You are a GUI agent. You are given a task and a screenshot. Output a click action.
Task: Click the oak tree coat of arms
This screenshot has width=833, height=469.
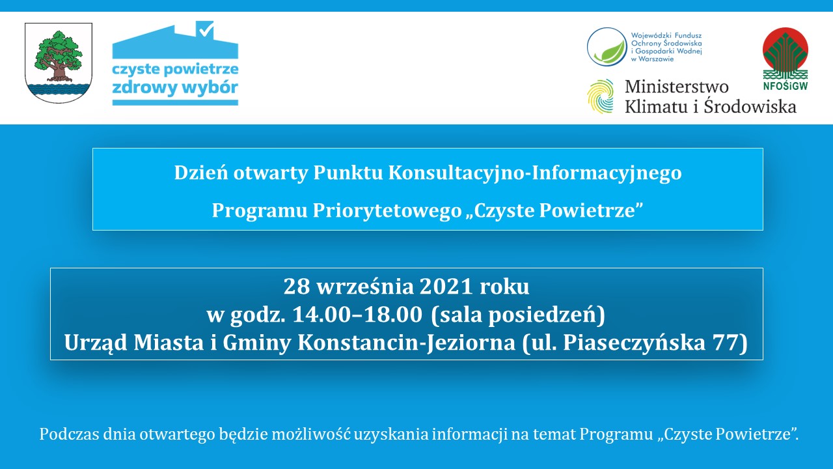coord(59,63)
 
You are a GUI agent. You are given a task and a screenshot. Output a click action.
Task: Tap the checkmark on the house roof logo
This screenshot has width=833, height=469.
coord(206,29)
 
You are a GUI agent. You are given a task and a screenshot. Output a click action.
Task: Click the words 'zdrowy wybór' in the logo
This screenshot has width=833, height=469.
coord(175,88)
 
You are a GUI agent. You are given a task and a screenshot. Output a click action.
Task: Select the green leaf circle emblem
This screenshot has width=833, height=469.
coord(607,47)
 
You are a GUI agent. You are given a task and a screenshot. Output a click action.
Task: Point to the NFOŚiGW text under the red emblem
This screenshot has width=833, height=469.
coord(785,86)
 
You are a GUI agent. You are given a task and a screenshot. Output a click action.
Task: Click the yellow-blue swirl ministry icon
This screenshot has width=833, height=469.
coord(600,96)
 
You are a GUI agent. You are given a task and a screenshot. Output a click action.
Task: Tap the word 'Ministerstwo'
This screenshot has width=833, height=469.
coord(676,87)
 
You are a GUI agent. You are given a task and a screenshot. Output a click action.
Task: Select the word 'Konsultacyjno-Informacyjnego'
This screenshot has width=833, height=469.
coord(535,173)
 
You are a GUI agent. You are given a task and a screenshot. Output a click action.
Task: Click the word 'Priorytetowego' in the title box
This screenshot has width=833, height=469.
coord(387,210)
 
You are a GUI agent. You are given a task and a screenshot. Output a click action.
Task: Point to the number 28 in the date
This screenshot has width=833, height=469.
coord(297,287)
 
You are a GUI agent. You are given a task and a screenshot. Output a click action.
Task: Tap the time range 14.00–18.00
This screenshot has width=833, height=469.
coord(357,315)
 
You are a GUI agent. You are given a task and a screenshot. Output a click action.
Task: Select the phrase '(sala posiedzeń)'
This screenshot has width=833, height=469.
coord(518,315)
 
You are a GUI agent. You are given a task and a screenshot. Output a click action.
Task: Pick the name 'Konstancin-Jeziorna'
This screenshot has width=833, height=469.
coord(407,343)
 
